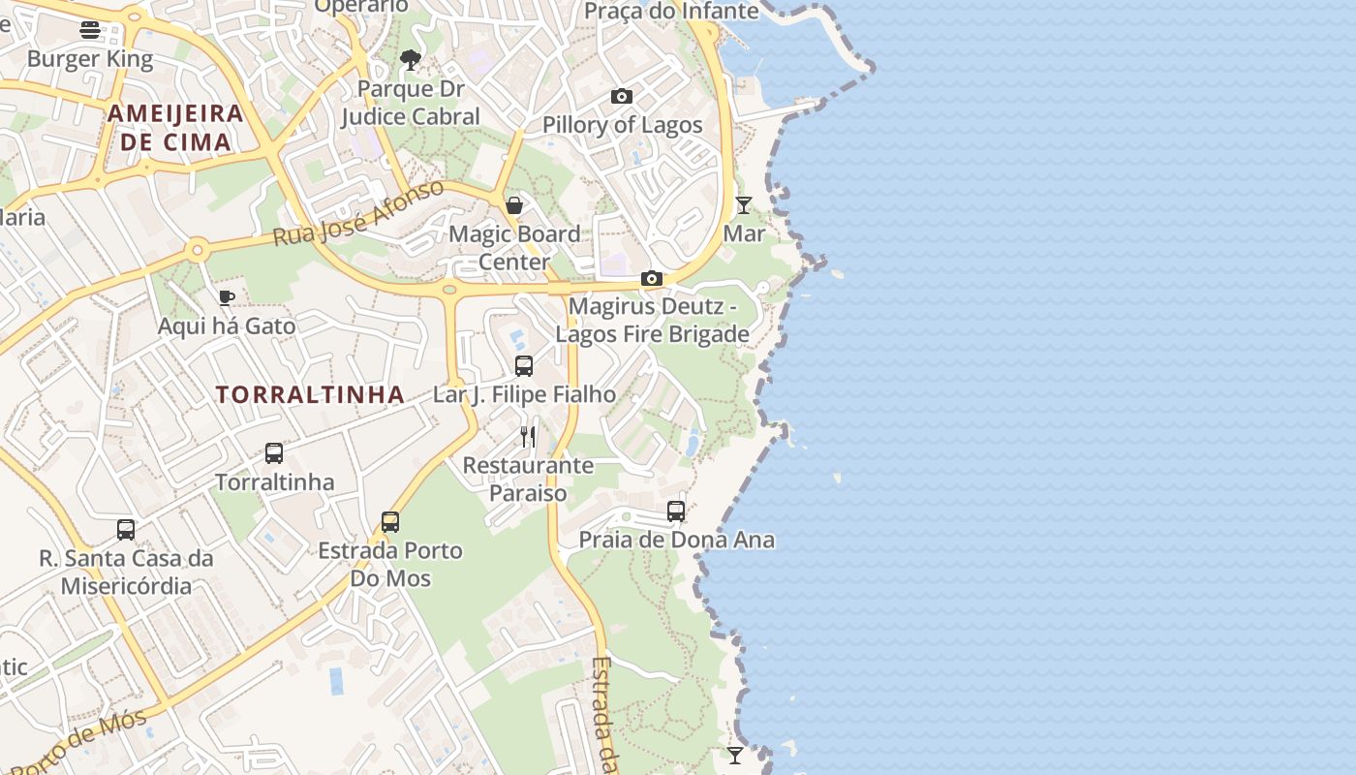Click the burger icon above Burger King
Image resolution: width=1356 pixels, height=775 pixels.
click(x=90, y=30)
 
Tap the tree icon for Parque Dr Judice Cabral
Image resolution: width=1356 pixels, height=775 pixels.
click(x=411, y=60)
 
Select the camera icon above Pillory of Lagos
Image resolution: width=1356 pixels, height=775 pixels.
click(x=622, y=96)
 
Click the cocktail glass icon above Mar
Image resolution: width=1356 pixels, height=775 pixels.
click(x=743, y=204)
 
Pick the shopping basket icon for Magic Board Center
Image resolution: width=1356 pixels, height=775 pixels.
click(x=514, y=205)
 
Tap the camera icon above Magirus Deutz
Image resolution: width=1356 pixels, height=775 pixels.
click(x=652, y=279)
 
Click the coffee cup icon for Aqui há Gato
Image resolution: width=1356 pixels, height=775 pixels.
click(x=226, y=297)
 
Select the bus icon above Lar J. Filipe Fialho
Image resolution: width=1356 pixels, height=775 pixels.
click(x=524, y=366)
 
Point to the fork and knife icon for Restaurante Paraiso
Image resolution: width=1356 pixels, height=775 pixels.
click(x=528, y=437)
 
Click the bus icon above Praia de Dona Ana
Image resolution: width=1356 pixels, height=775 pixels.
click(x=676, y=511)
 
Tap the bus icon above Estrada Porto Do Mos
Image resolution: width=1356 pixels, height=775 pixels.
click(x=390, y=522)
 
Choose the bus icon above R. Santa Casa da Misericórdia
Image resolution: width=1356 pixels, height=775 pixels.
click(x=126, y=530)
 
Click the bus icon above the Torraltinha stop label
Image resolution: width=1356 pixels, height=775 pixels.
click(x=274, y=453)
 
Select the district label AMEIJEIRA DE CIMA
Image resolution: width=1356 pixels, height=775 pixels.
click(x=175, y=128)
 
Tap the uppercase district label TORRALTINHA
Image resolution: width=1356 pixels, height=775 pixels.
click(x=310, y=394)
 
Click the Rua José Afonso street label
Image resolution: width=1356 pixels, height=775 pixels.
click(x=358, y=213)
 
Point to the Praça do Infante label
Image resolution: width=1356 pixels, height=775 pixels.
click(x=671, y=11)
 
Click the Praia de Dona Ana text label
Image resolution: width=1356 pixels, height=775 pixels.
click(x=676, y=540)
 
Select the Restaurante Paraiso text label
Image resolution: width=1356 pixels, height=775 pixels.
click(x=528, y=479)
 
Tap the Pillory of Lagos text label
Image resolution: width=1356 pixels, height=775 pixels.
click(x=622, y=125)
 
